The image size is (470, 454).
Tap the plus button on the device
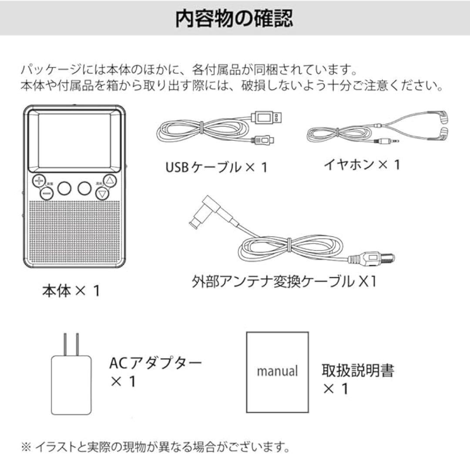(x=40, y=181)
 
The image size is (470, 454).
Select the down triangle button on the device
(x=103, y=193)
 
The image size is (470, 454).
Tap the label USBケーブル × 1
(x=216, y=167)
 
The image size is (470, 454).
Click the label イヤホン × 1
(x=361, y=164)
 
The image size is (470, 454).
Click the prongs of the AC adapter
(x=70, y=344)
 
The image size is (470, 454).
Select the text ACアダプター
(x=155, y=363)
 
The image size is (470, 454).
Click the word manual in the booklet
(x=277, y=371)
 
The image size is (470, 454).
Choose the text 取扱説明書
(x=358, y=370)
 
